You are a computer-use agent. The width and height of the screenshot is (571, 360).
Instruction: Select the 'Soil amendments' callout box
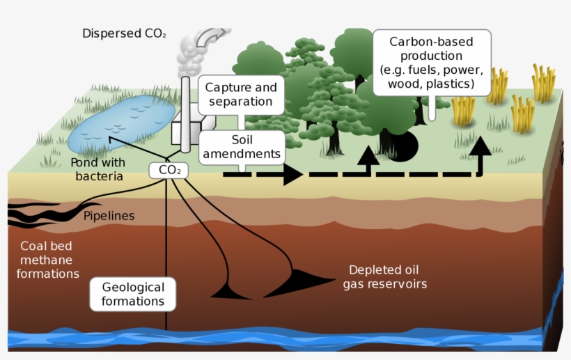click(x=241, y=147)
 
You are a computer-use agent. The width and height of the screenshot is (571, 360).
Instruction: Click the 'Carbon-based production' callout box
click(x=431, y=63)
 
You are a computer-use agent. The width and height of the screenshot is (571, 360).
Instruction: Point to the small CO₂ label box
click(x=169, y=169)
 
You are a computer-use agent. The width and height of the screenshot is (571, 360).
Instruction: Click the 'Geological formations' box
click(x=132, y=294)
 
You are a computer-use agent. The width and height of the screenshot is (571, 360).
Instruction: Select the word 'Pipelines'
click(x=109, y=216)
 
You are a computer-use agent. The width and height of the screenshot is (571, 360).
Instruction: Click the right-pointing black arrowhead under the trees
click(x=292, y=174)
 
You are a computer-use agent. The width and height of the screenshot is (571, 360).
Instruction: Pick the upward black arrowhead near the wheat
click(x=480, y=147)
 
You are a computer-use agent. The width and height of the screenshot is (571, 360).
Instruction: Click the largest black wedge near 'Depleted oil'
click(x=306, y=281)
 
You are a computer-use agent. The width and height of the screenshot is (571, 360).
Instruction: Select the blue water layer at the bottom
click(x=279, y=339)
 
